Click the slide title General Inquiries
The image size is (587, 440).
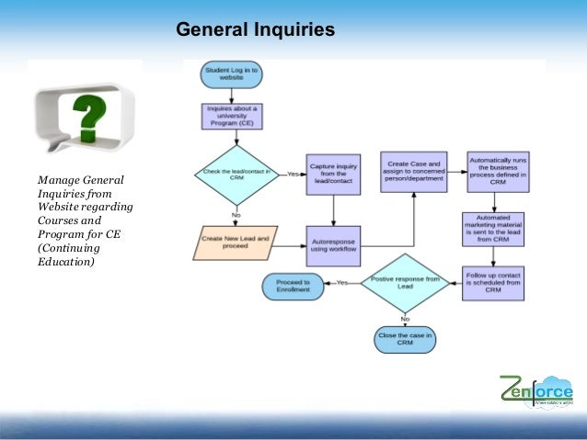(x=255, y=31)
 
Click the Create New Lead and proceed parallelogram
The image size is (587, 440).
(x=236, y=243)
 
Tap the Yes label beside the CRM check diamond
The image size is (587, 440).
(x=293, y=174)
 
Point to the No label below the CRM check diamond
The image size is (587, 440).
(x=236, y=215)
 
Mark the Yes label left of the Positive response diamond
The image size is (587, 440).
(x=341, y=283)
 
